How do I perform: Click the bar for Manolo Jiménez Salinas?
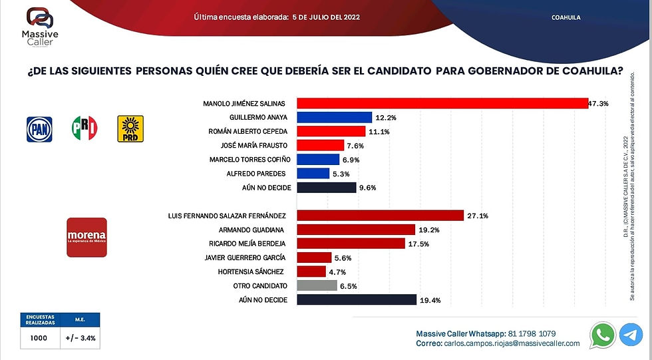pos(442,103)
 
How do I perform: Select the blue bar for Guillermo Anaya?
pos(334,118)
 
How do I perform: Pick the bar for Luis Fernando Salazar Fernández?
pos(380,215)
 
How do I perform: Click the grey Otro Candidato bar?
pos(317,285)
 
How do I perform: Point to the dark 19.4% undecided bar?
pos(357,300)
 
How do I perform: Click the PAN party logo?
pos(39,128)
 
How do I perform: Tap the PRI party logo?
pos(84,128)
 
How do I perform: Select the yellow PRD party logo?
pos(130,128)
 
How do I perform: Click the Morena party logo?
pos(86,238)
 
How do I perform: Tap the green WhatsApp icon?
pos(603,335)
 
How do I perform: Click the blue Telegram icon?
pos(631,335)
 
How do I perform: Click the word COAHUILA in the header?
pos(566,17)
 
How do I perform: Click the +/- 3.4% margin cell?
pos(80,337)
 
